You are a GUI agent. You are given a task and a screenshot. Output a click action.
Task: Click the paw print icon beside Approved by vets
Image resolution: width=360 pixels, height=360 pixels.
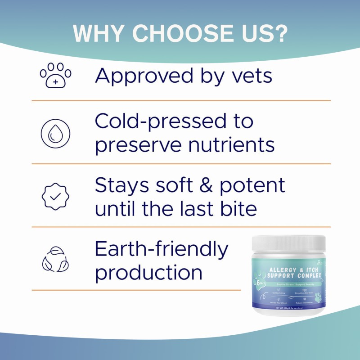pyautogui.click(x=55, y=75)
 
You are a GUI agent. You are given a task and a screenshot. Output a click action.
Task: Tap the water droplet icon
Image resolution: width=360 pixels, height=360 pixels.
pyautogui.click(x=55, y=134)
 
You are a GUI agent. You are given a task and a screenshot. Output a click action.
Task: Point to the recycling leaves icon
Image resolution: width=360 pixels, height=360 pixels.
pyautogui.click(x=55, y=260)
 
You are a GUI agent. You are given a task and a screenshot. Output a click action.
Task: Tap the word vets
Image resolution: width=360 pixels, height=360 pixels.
pyautogui.click(x=249, y=75)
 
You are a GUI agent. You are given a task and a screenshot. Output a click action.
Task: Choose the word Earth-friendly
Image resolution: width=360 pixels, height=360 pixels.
pyautogui.click(x=162, y=249)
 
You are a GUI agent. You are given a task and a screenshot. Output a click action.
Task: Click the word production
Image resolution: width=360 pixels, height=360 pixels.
pyautogui.click(x=149, y=273)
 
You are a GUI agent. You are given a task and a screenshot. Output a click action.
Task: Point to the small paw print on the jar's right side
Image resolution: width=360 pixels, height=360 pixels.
pyautogui.click(x=319, y=297)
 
